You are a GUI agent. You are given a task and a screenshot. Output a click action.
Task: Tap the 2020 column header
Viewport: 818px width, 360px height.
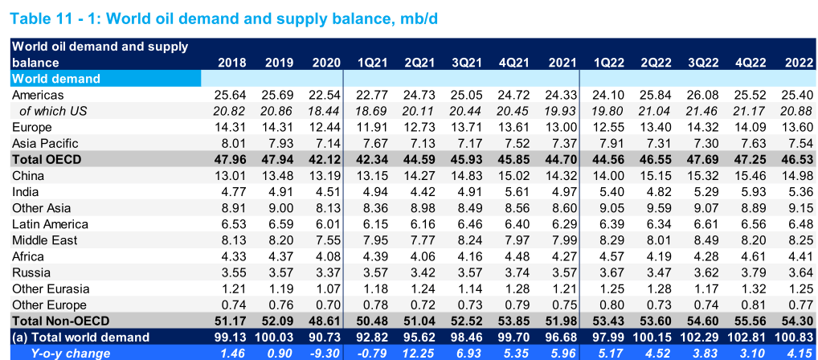[325, 62]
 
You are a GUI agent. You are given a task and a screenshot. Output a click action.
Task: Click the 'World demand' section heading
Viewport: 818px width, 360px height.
[56, 79]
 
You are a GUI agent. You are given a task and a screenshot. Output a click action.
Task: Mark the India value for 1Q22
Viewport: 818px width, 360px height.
[607, 191]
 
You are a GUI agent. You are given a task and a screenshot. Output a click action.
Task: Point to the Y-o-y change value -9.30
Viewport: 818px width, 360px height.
[325, 353]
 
